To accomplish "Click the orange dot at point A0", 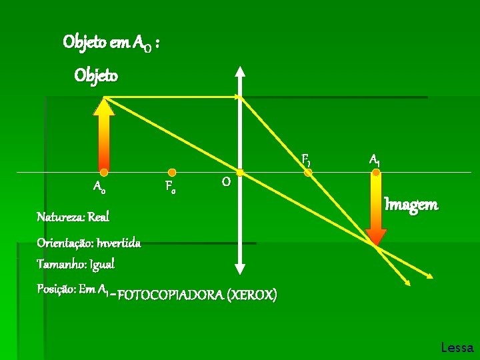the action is (104, 172).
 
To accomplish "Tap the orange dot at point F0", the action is (172, 172).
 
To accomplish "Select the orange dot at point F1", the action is (308, 172).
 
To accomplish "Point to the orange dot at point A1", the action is (376, 172).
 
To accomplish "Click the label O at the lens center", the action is (226, 182).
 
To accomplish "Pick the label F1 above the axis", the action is (306, 159).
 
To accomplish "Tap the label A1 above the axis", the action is (375, 160).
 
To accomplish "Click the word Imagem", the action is (411, 205).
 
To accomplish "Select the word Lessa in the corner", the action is (457, 347).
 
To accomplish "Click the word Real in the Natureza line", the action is (98, 217).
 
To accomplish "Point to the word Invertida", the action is (118, 243).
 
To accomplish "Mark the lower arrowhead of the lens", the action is (240, 269).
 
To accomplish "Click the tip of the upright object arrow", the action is (104, 101).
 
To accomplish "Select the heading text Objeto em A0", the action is (111, 43).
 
